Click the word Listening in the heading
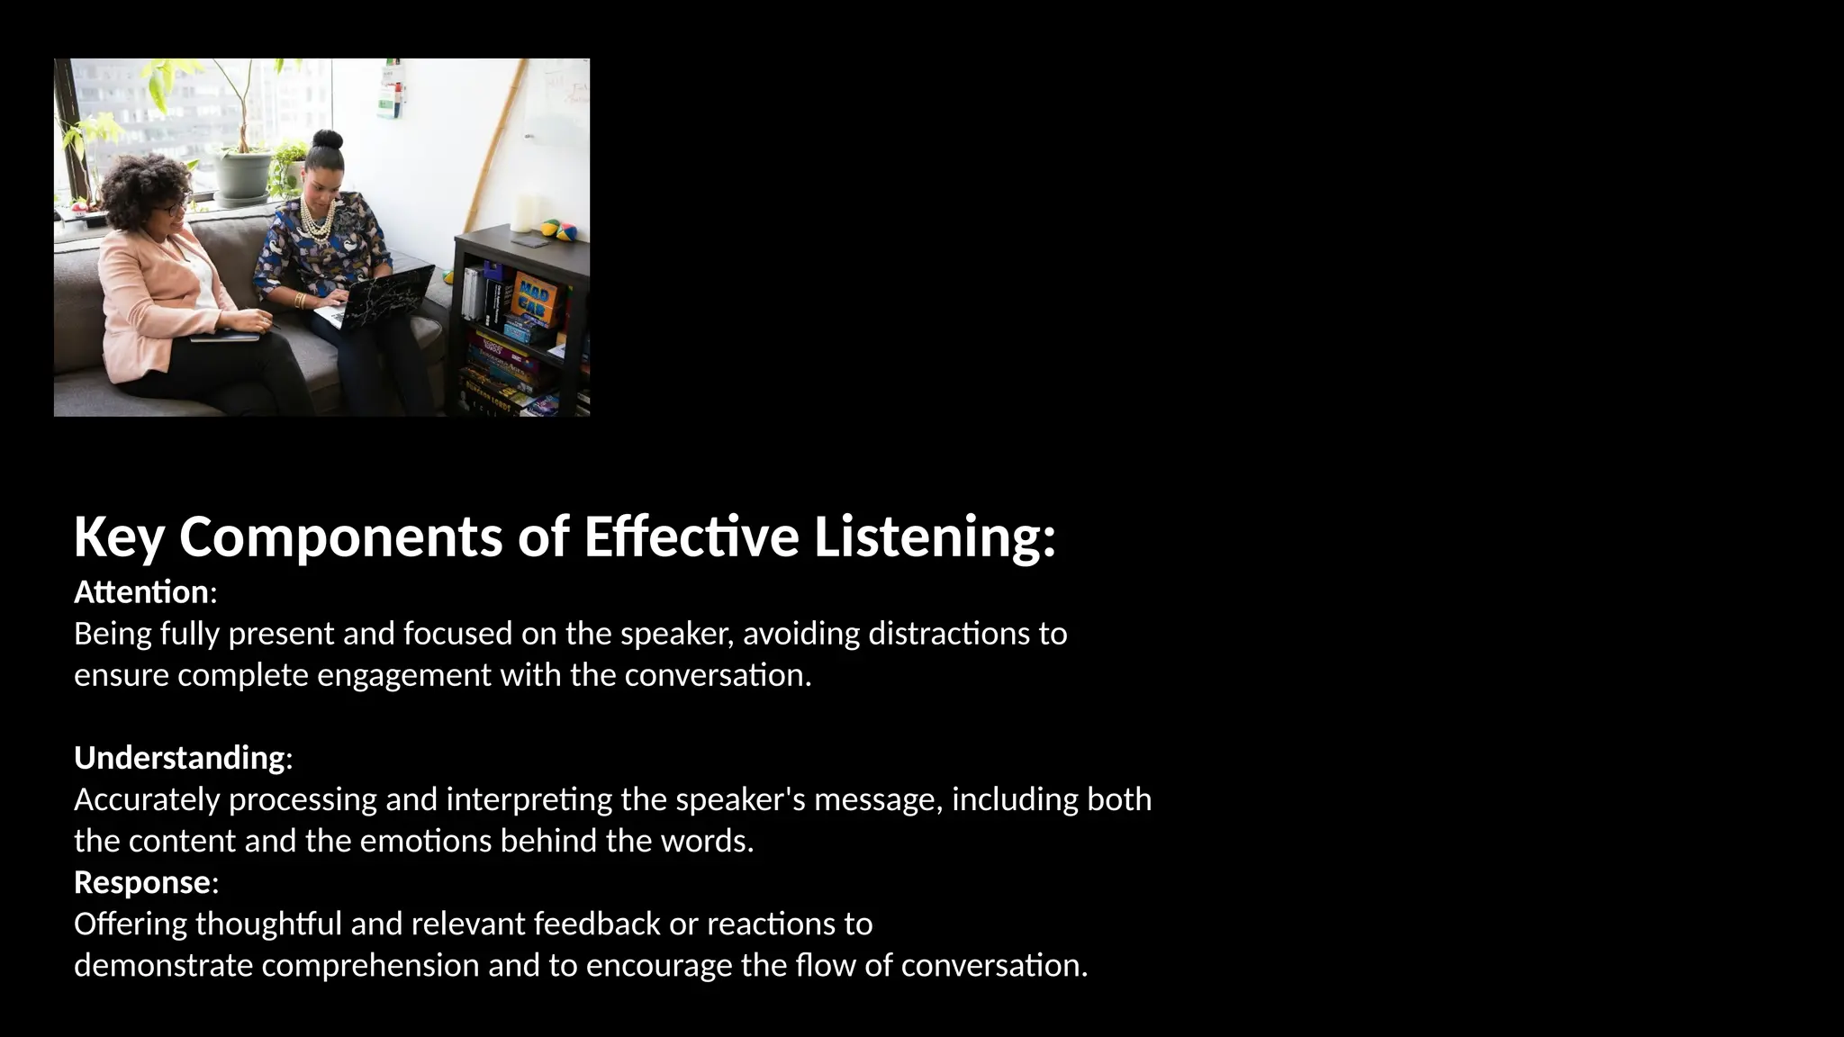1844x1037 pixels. (x=935, y=537)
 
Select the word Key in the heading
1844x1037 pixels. (x=119, y=537)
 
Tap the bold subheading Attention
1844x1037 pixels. (x=141, y=592)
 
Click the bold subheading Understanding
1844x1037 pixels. (x=179, y=758)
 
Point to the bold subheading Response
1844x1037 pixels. (x=142, y=882)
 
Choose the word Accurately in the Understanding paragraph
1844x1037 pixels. (x=147, y=799)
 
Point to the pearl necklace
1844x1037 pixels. (x=321, y=221)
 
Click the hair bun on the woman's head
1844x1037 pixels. (x=326, y=140)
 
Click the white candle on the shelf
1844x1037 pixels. (x=524, y=213)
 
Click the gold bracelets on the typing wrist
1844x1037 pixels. (x=300, y=300)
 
